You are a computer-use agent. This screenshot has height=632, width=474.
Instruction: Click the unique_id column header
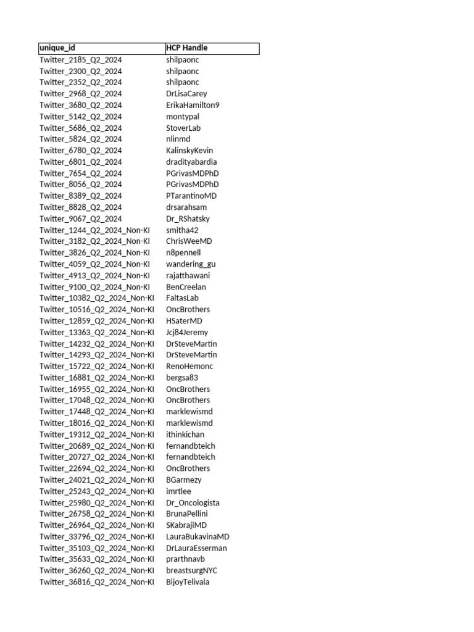tap(58, 48)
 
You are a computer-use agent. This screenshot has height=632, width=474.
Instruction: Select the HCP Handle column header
tap(186, 48)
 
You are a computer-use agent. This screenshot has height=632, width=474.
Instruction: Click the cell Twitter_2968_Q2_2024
tap(81, 94)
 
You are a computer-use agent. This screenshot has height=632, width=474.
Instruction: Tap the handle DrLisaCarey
tap(186, 94)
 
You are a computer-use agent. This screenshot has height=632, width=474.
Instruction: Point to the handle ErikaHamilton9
tap(193, 105)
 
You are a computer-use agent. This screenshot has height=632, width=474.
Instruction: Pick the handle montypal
tap(183, 117)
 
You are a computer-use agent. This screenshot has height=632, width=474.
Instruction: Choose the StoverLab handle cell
tap(183, 128)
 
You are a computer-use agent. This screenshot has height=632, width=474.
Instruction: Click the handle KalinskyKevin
tap(189, 151)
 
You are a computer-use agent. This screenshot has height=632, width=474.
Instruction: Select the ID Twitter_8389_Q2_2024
tap(81, 196)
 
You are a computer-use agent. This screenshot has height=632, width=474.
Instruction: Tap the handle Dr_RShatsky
tap(188, 218)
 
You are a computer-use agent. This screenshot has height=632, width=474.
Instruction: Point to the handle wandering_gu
tap(191, 264)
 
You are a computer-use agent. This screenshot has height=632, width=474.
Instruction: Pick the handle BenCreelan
tap(186, 287)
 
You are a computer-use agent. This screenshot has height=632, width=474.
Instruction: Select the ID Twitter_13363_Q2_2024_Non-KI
tap(97, 332)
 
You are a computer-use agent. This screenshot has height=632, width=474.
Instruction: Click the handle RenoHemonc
tap(189, 366)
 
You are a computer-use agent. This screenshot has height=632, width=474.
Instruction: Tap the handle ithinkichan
tap(185, 434)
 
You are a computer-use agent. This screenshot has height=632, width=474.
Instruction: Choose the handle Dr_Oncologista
tap(193, 502)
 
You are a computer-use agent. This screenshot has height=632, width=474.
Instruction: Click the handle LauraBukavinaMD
tap(197, 536)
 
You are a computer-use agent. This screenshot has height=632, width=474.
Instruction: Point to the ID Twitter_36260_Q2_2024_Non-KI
tap(97, 570)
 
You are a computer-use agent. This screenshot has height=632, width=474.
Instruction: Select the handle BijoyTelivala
tap(188, 582)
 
